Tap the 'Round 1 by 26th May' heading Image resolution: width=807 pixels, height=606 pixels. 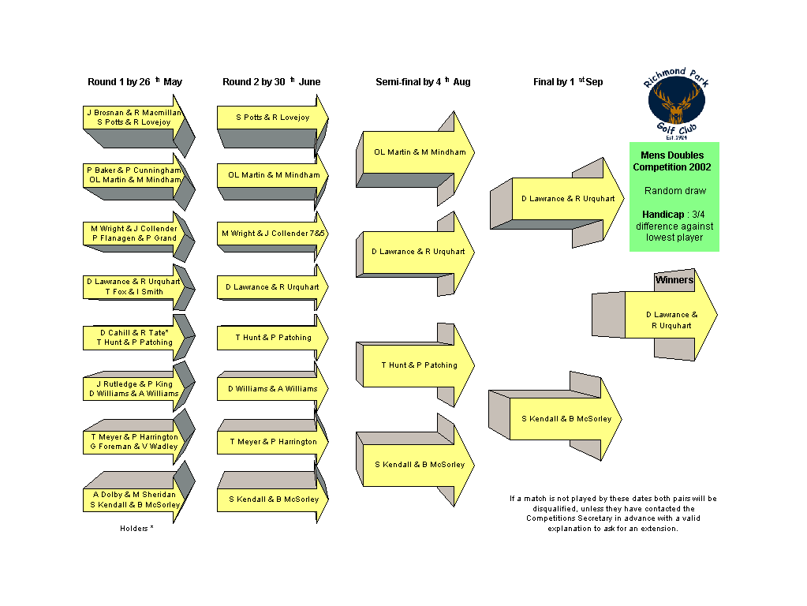coord(135,82)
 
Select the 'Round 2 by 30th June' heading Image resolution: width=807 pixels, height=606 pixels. coord(271,82)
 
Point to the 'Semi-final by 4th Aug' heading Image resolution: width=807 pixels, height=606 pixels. coord(423,82)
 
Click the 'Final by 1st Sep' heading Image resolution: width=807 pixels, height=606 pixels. coord(568,82)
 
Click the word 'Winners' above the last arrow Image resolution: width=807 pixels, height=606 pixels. coord(674,280)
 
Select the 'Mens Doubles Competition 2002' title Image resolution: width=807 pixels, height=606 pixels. coord(672,161)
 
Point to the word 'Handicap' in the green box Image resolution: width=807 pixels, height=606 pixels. coord(663,215)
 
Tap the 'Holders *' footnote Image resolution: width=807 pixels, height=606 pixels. coord(137,528)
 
